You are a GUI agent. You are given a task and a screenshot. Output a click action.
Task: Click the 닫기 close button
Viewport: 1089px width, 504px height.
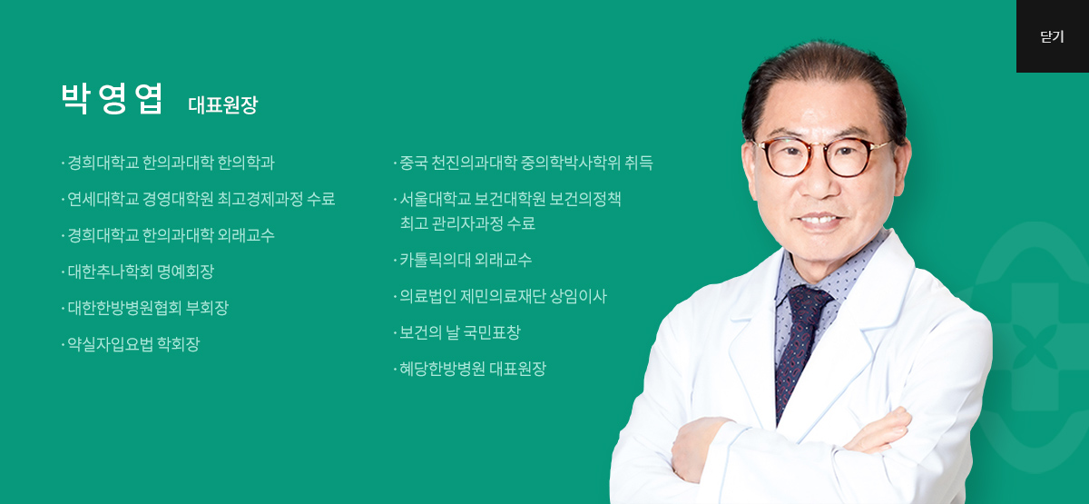click(1053, 36)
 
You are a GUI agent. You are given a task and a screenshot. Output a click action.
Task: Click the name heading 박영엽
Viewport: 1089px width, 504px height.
click(112, 99)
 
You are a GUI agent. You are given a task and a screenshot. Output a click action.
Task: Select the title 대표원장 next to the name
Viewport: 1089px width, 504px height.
click(222, 104)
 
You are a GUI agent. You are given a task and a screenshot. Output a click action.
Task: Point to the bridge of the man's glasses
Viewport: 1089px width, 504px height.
click(820, 148)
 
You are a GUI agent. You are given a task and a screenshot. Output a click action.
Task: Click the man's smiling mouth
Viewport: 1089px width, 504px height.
click(821, 221)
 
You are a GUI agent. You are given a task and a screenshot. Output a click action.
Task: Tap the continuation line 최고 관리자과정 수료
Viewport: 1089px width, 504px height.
click(467, 223)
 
